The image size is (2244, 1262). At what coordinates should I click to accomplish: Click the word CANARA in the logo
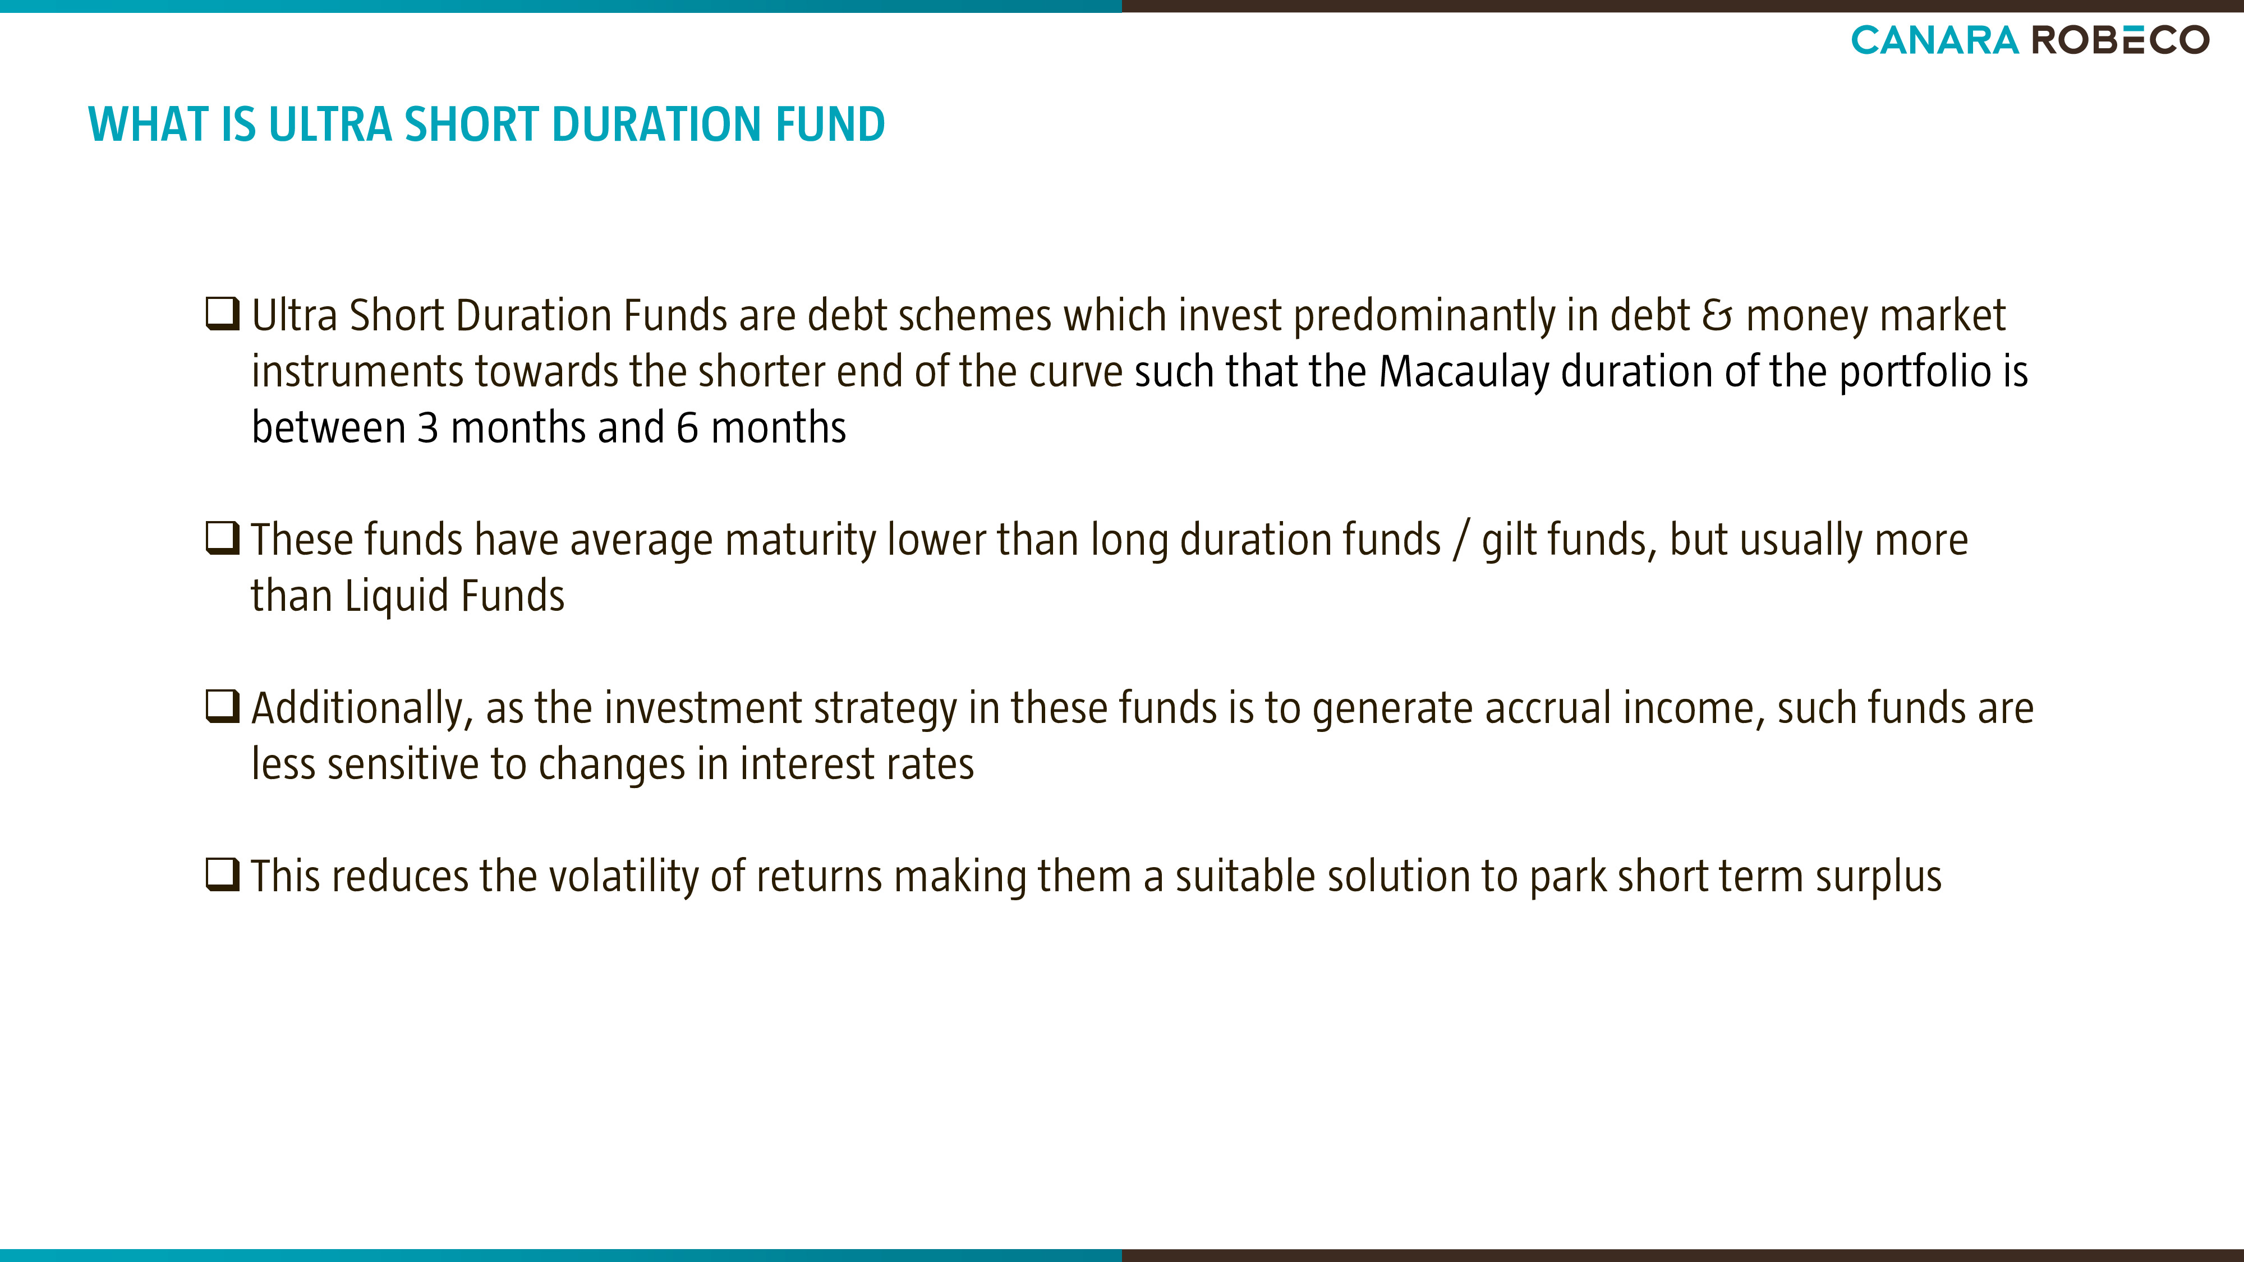[x=1934, y=40]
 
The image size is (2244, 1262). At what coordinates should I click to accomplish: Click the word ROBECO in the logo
[x=2121, y=40]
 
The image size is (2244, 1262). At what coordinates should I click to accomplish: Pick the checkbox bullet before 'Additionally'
[x=222, y=706]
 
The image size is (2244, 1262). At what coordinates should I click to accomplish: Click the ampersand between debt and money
[x=1718, y=315]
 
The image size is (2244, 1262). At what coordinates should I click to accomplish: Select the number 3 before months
[x=427, y=427]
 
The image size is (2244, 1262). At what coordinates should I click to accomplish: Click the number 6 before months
[x=687, y=427]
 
